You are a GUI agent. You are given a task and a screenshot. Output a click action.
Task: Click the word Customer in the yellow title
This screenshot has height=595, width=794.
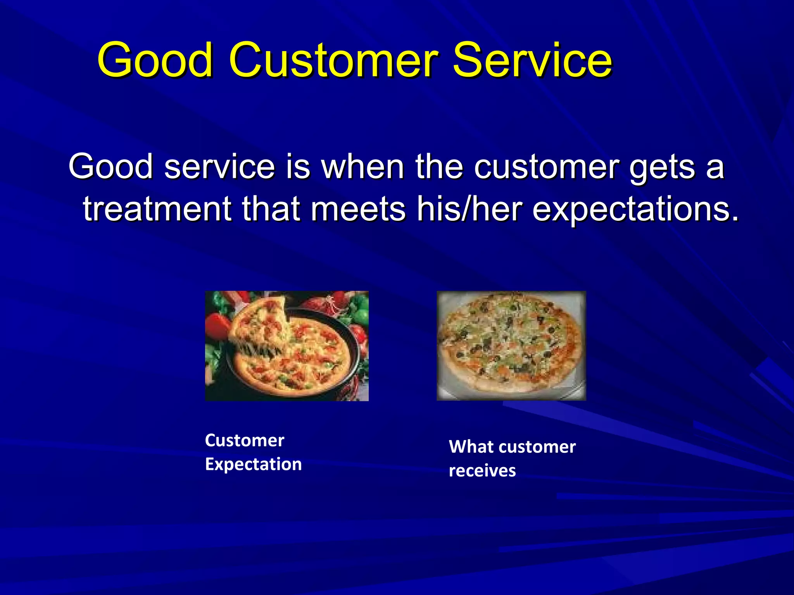click(333, 60)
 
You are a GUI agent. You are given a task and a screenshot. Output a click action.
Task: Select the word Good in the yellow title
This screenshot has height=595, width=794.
click(155, 60)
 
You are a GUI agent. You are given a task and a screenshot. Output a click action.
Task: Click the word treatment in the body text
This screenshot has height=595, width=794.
click(157, 209)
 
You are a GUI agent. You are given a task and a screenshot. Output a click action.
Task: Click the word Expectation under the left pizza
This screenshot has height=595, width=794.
click(253, 464)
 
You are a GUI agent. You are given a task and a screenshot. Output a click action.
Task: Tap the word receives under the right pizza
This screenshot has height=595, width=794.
click(482, 471)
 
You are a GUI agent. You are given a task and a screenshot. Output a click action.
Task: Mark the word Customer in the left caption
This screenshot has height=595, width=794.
click(244, 440)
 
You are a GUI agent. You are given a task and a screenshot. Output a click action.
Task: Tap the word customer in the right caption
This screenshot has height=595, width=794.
click(537, 447)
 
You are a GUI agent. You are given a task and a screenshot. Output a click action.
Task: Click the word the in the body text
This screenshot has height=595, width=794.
click(439, 167)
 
